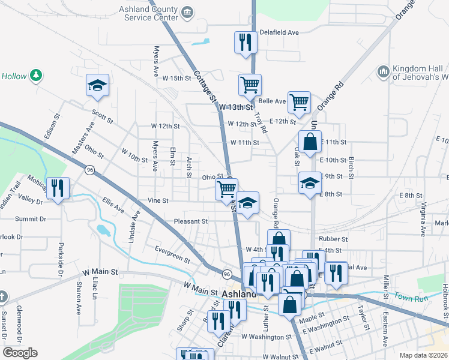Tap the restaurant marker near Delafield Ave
[x=245, y=43]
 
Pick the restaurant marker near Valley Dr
[x=58, y=188]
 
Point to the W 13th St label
[x=234, y=107]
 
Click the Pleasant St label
[x=191, y=221]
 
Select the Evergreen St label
[x=172, y=254]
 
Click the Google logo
[x=20, y=353]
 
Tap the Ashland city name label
[x=239, y=295]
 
